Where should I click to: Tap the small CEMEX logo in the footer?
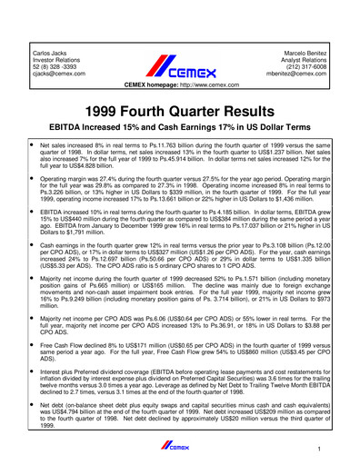pos(179,444)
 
